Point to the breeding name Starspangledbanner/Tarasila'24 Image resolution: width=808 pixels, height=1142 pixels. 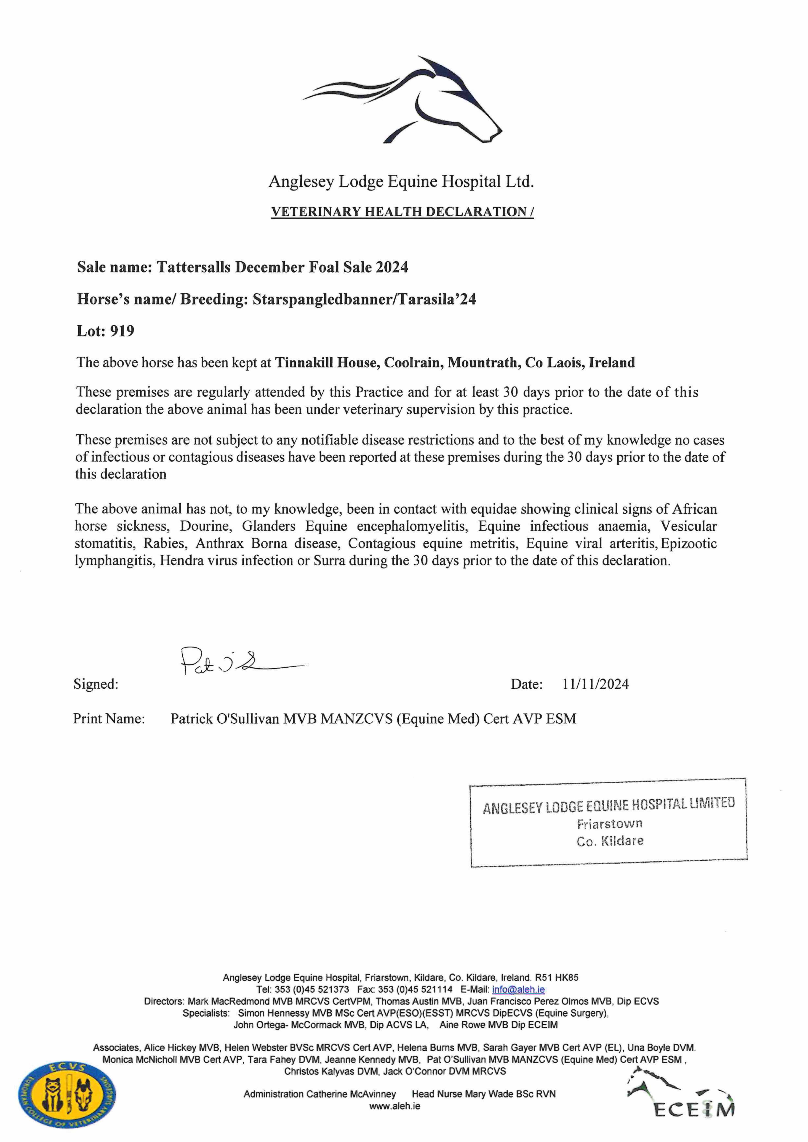pyautogui.click(x=364, y=299)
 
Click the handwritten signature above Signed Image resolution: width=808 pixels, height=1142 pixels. pyautogui.click(x=229, y=662)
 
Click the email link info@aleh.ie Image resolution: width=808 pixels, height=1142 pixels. pyautogui.click(x=518, y=990)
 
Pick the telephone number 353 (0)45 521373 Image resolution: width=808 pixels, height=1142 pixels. pyautogui.click(x=312, y=990)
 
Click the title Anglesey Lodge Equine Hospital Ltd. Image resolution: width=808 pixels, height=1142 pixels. pyautogui.click(x=401, y=182)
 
